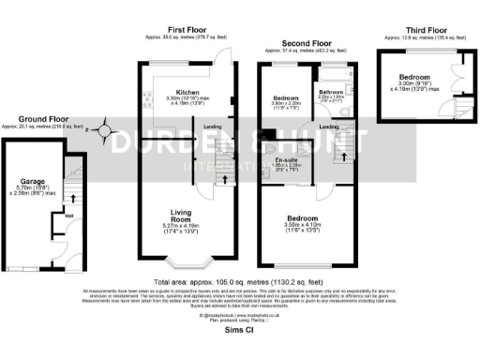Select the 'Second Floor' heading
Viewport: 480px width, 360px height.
(309, 42)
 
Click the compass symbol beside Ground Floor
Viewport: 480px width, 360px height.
(106, 132)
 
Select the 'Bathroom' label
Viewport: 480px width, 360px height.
(331, 91)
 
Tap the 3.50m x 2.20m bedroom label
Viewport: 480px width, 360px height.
(287, 97)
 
